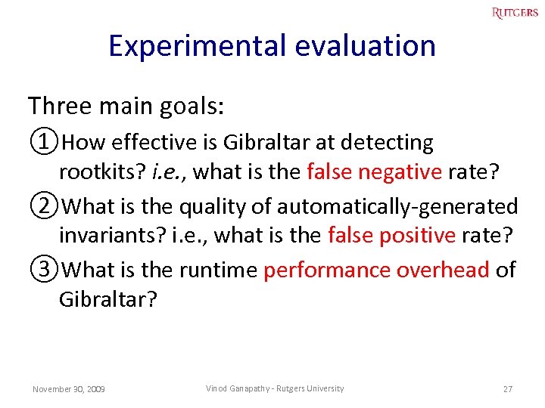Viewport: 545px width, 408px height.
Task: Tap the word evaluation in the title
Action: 366,46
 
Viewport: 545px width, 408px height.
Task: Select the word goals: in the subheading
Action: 192,107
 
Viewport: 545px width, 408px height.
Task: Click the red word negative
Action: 400,173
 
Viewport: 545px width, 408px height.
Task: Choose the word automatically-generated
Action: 397,206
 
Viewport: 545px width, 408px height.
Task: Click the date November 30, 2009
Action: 69,389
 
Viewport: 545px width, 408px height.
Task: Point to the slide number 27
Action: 507,389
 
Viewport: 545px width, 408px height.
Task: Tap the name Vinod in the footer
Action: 217,388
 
